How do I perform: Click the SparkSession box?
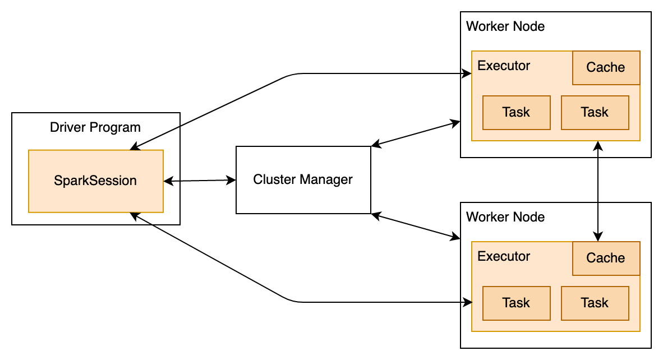coord(95,181)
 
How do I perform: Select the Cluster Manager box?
coord(303,180)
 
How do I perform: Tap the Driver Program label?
coord(95,127)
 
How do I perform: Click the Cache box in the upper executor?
coord(606,68)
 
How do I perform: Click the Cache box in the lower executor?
coord(606,259)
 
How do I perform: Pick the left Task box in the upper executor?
coord(516,112)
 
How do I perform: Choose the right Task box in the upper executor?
coord(595,112)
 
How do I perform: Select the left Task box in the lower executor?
coord(516,303)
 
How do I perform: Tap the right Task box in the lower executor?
coord(595,303)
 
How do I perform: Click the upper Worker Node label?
coord(505,26)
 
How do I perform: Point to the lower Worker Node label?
coord(505,217)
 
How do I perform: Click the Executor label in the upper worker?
coord(503,66)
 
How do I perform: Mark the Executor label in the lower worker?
coord(503,256)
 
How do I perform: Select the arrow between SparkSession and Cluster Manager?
coord(199,181)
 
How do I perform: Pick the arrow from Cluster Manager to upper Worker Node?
coord(416,133)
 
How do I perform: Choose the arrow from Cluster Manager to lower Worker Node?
coord(416,226)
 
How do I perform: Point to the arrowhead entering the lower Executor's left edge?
coord(467,302)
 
